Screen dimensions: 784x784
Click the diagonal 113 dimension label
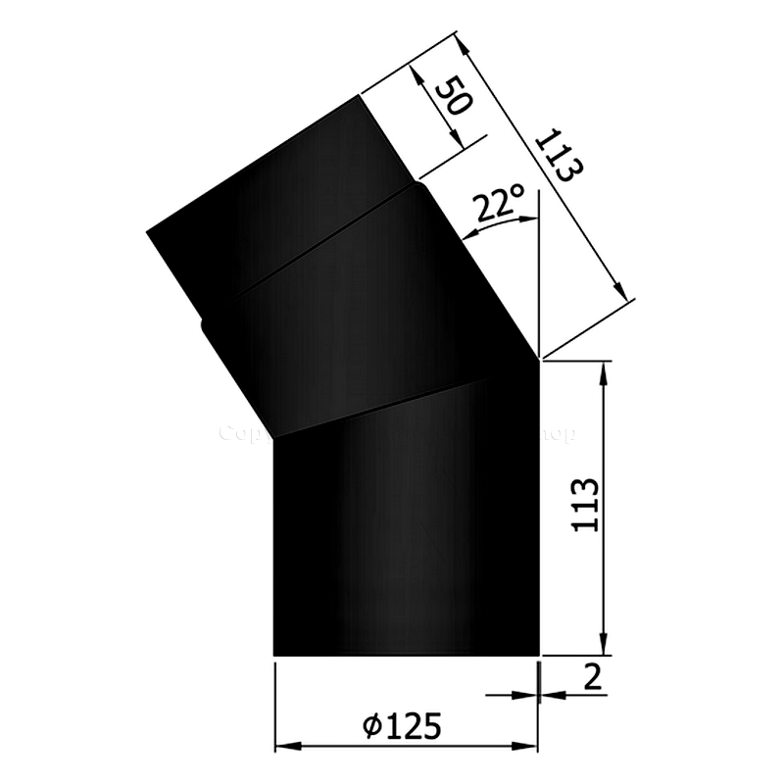558,155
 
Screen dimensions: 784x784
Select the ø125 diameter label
401,726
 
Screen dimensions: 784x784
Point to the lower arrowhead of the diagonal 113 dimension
619,288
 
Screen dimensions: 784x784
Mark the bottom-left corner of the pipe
273,655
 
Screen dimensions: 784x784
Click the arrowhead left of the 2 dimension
529,695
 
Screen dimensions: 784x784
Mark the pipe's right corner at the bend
539,359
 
